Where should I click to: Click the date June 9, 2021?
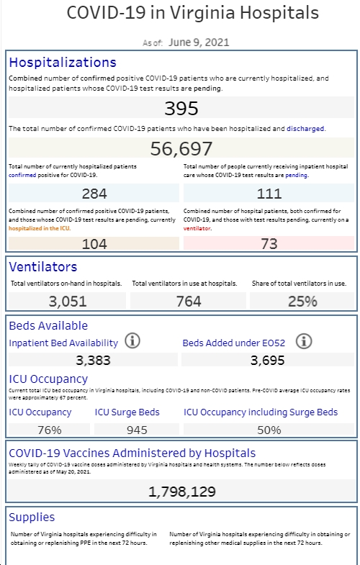point(199,42)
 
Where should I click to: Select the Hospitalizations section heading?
point(63,63)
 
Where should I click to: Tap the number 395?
point(181,108)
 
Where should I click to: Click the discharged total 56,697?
point(181,148)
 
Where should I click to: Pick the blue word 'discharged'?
point(305,129)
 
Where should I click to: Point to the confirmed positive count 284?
point(94,194)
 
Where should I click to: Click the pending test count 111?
point(269,194)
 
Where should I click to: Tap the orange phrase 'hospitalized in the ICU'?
point(40,228)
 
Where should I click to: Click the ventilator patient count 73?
point(269,244)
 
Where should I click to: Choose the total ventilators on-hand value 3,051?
point(68,302)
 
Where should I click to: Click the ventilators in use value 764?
point(189,302)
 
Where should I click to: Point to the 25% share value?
point(302,302)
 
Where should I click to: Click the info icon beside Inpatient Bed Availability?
point(132,340)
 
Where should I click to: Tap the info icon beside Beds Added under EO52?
point(304,341)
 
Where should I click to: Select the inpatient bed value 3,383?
point(93,360)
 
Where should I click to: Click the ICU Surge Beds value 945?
point(137,430)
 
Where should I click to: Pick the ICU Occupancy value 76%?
point(50,430)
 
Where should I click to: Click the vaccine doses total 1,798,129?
point(182,492)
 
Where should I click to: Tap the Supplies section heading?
point(32,517)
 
